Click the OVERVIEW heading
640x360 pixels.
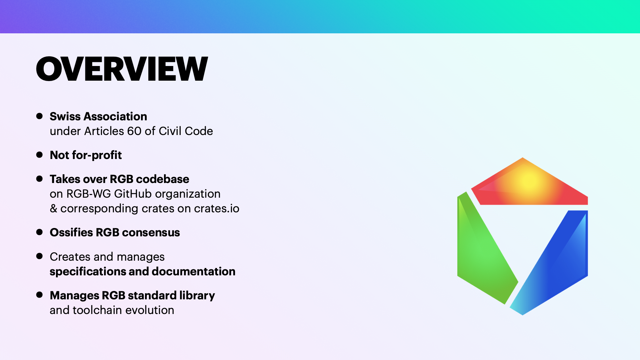(x=122, y=69)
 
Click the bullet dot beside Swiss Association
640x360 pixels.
(x=39, y=116)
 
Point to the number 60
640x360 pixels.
(x=134, y=131)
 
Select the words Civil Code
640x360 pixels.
(x=186, y=131)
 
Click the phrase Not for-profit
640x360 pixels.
(x=86, y=155)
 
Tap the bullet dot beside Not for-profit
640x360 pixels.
(x=39, y=155)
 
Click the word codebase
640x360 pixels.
(x=163, y=179)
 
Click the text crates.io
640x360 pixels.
(x=217, y=208)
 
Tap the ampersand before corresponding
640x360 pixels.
(x=53, y=208)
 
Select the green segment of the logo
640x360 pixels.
(x=483, y=250)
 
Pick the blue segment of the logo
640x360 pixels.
(x=557, y=263)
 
